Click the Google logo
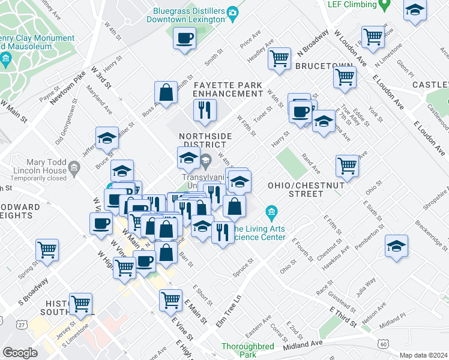20,352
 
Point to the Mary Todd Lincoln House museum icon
73,166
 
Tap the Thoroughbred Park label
247,350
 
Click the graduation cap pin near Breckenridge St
396,246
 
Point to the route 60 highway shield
383,344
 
